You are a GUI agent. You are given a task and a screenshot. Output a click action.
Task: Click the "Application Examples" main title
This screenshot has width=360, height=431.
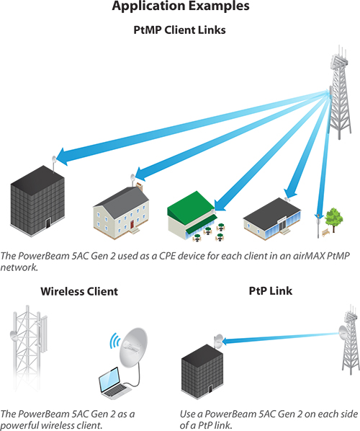[181, 6]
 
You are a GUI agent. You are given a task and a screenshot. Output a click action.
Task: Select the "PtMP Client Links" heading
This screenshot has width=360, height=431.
[179, 30]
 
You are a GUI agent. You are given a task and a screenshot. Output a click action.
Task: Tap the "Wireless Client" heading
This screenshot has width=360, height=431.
[79, 291]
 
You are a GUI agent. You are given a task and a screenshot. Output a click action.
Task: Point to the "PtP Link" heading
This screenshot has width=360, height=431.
[271, 290]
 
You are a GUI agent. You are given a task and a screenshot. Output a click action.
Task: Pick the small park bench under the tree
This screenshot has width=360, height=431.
[326, 232]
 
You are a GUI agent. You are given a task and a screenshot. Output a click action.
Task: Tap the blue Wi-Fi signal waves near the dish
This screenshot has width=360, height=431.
[114, 341]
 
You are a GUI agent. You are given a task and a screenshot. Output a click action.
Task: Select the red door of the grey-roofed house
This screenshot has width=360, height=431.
[132, 224]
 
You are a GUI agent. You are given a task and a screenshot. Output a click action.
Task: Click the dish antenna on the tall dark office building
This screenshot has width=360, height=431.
[54, 159]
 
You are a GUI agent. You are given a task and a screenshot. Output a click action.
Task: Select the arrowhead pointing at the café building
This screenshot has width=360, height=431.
[219, 205]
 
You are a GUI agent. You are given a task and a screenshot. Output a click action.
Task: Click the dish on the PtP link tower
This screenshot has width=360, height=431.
[343, 332]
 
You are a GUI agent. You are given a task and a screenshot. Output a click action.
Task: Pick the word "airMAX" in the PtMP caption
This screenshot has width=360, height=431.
[309, 256]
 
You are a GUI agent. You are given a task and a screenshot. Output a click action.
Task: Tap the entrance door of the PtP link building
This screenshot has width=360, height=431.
[210, 389]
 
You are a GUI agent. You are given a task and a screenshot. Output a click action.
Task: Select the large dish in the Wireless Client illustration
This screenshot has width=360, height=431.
[133, 347]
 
